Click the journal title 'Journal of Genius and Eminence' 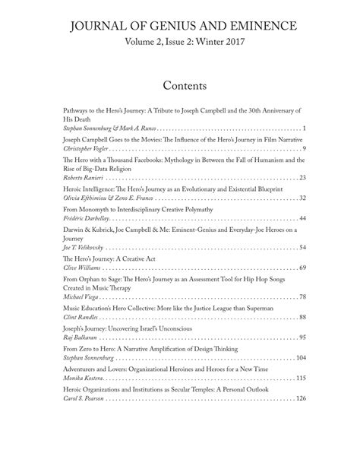[x=179, y=27]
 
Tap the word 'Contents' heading [x=179, y=84]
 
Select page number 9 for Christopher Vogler [x=303, y=148]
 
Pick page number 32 [x=302, y=198]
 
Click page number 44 [x=302, y=218]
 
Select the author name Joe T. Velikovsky [x=81, y=247]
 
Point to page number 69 [x=302, y=268]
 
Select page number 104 [x=300, y=357]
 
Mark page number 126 [x=300, y=398]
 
